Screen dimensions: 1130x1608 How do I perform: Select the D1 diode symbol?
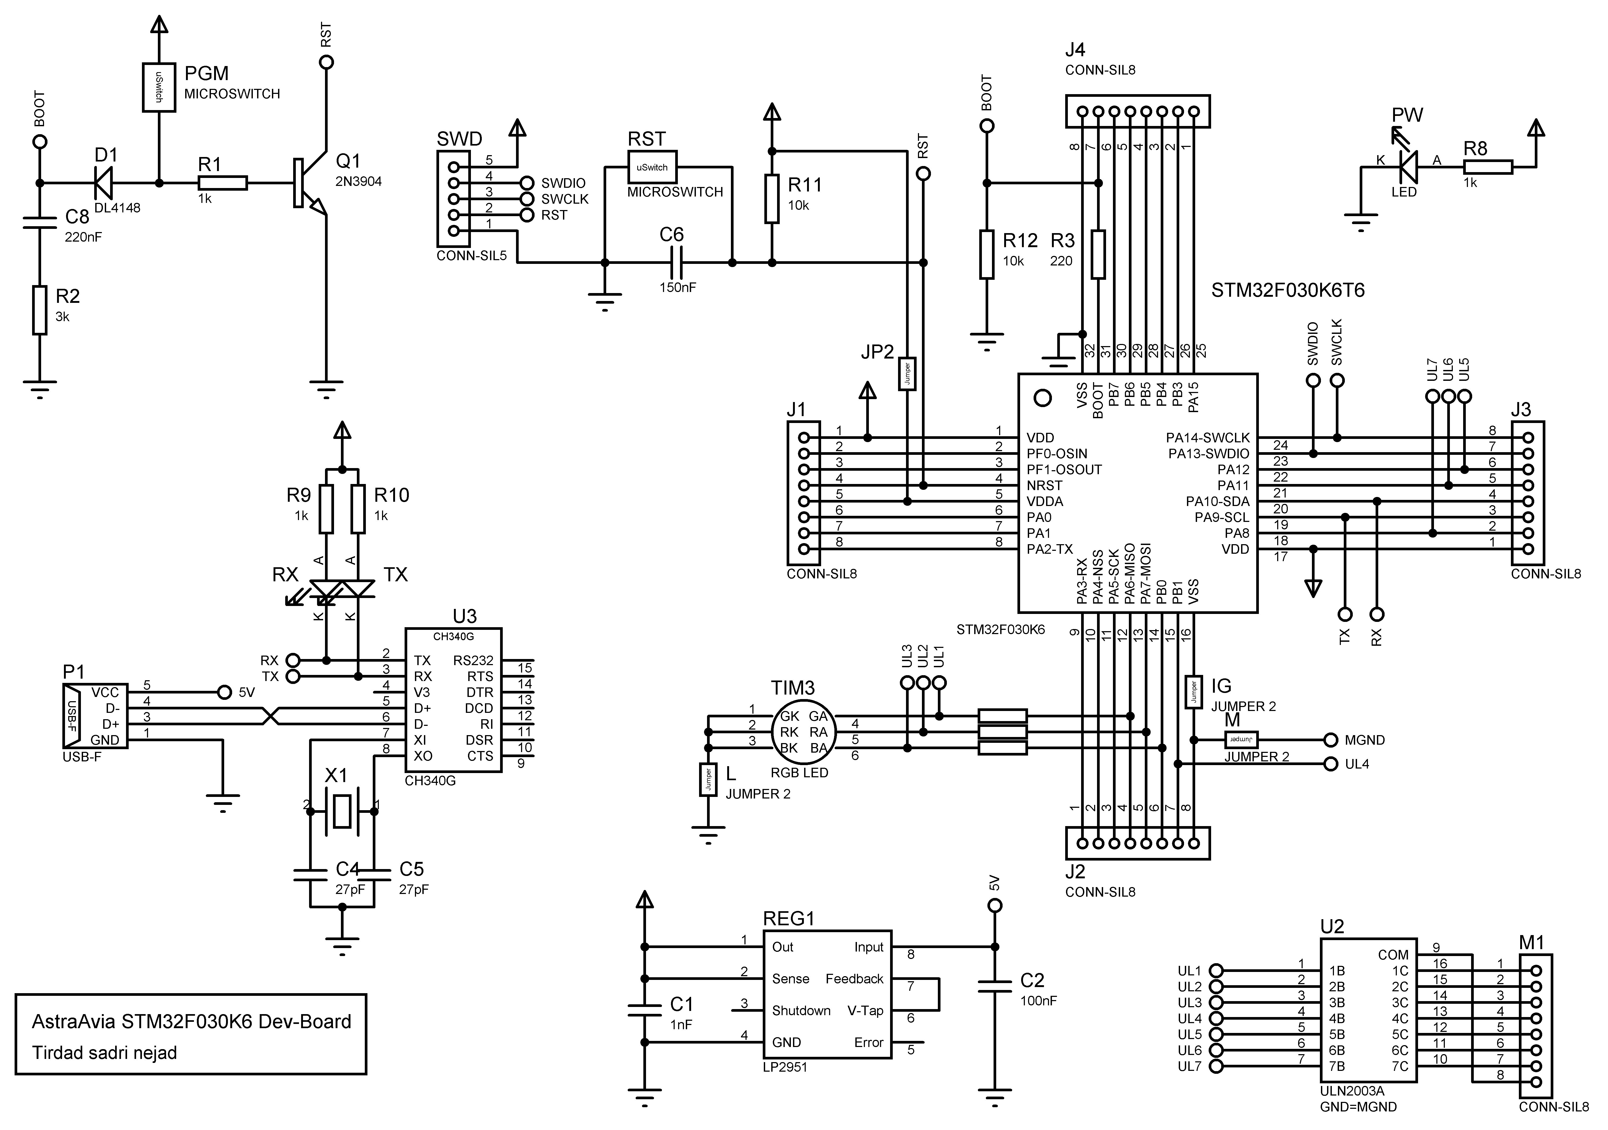coord(105,184)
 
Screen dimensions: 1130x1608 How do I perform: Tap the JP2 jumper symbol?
coord(907,374)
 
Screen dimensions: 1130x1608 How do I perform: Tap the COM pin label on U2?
coord(1392,955)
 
